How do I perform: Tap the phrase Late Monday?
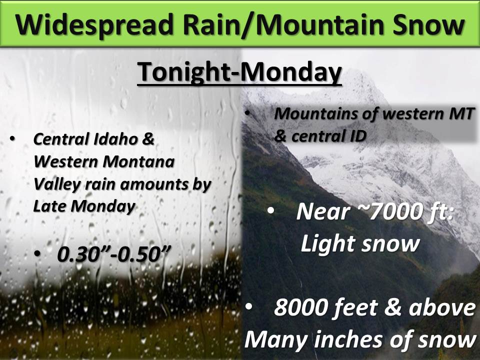click(x=84, y=206)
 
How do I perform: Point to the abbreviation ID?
click(x=357, y=136)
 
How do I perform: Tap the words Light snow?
click(x=360, y=244)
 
